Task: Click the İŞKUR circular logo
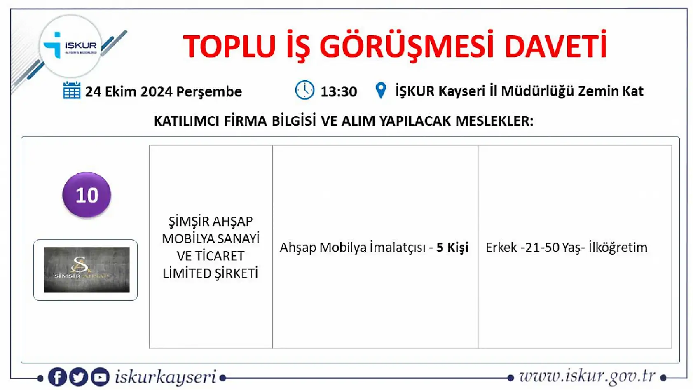coord(71,46)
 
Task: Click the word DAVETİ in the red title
coord(555,46)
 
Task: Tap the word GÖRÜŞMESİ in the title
coord(406,46)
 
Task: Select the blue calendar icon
coord(72,91)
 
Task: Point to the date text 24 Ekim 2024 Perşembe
coord(163,91)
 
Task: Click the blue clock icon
coord(304,90)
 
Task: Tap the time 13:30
coord(339,91)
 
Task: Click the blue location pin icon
coord(381,91)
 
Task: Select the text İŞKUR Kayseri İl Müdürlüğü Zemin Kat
coord(519,91)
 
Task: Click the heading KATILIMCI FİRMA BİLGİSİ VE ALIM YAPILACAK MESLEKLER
coord(343,121)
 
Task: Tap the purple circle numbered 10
coord(87,195)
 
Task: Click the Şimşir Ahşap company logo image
coord(87,270)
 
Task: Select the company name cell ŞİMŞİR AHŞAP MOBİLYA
coord(211,247)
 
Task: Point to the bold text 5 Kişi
coord(452,248)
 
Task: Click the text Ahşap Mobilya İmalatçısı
coord(353,248)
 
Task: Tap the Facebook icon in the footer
coord(57,377)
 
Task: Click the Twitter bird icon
coord(78,377)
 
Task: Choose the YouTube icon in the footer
coord(100,377)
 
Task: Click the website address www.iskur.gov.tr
coord(587,376)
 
